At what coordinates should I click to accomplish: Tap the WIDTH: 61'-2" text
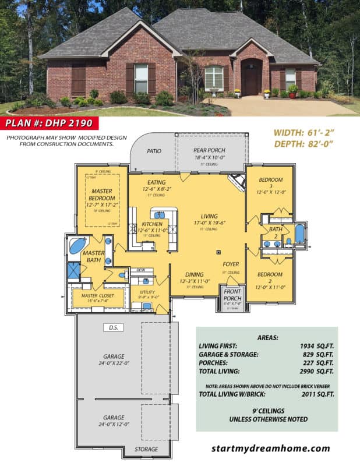(303, 132)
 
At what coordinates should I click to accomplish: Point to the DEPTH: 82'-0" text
(303, 144)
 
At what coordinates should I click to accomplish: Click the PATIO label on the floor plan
(154, 151)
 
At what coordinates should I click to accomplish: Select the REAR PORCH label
(209, 150)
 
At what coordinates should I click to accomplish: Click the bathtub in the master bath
(77, 245)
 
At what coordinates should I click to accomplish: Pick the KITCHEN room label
(151, 224)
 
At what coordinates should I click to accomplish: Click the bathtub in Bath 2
(299, 234)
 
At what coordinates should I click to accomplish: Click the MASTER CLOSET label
(97, 295)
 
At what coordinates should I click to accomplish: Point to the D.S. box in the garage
(111, 327)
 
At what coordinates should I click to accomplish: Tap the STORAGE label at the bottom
(146, 449)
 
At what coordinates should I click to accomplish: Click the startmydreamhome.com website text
(270, 449)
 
